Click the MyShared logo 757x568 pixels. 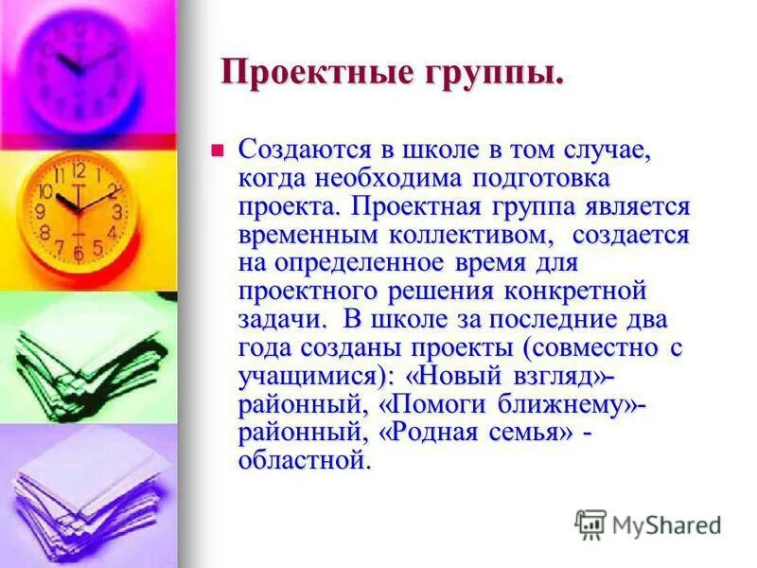tap(649, 523)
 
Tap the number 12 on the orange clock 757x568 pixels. tap(78, 171)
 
